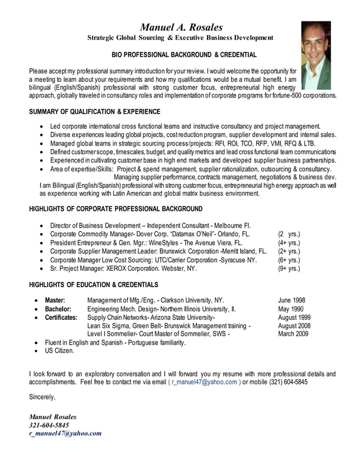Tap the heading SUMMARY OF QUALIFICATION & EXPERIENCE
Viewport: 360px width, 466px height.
(x=94, y=112)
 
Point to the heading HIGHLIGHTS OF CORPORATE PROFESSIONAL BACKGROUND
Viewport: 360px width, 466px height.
(x=115, y=209)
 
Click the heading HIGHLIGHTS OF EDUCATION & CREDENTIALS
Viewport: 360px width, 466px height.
(x=93, y=284)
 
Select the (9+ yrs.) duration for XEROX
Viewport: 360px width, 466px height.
(x=289, y=269)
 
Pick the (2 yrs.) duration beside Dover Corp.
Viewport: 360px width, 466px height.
(x=289, y=234)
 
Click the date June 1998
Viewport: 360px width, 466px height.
(x=292, y=300)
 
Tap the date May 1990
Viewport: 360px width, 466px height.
(x=291, y=309)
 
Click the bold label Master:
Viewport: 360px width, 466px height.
(x=55, y=300)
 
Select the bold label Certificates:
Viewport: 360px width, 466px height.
(x=61, y=318)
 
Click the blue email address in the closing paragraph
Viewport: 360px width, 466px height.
(x=204, y=381)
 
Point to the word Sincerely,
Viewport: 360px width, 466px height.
(x=42, y=397)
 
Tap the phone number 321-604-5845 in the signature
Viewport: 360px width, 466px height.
(x=49, y=425)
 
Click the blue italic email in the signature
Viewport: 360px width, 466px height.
(x=65, y=433)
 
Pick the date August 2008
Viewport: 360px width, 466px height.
(x=294, y=326)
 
